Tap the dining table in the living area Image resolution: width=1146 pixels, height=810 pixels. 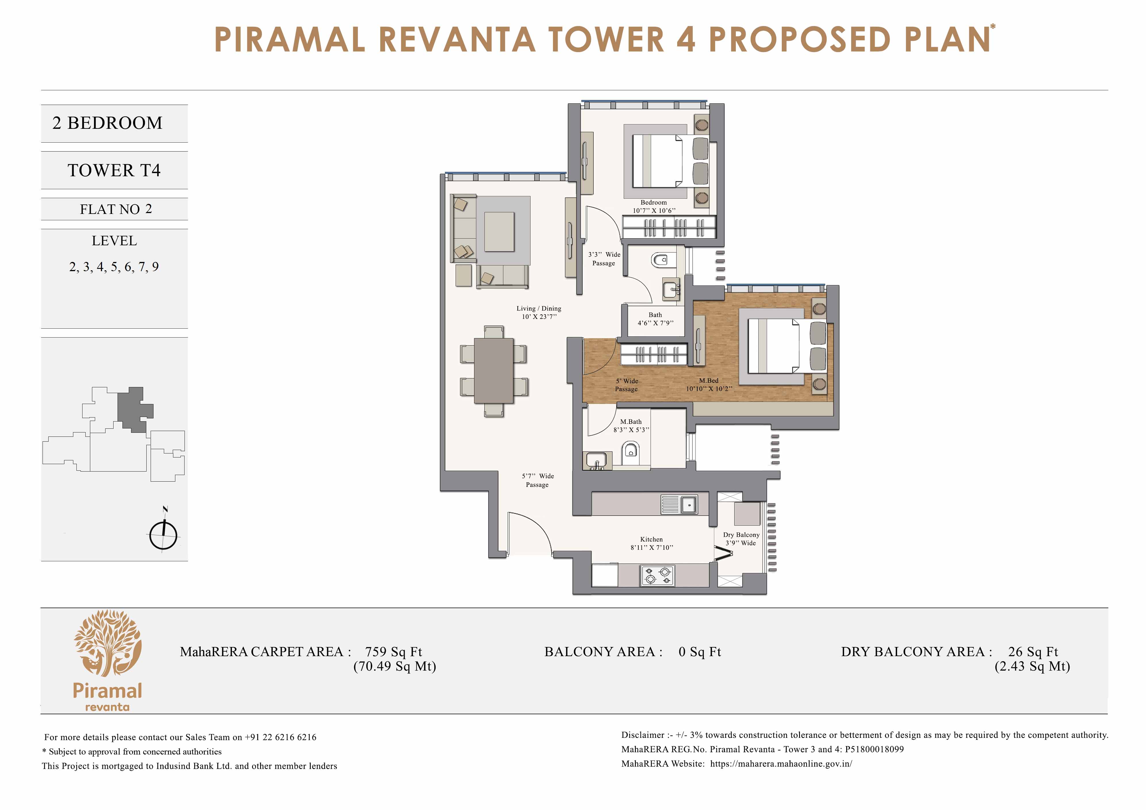pyautogui.click(x=493, y=371)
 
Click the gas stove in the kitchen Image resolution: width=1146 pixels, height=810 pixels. pyautogui.click(x=657, y=575)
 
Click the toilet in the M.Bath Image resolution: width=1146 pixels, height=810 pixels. pyautogui.click(x=631, y=451)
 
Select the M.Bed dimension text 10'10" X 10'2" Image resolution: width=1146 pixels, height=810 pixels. pyautogui.click(x=709, y=388)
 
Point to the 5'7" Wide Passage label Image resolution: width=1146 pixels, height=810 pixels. pyautogui.click(x=538, y=480)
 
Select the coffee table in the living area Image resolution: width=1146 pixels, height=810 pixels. pyautogui.click(x=499, y=232)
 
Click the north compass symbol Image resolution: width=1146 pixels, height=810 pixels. pyautogui.click(x=163, y=534)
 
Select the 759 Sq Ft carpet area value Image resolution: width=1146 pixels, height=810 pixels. pyautogui.click(x=393, y=652)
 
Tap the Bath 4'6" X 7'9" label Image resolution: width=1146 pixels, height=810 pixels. pyautogui.click(x=655, y=319)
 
